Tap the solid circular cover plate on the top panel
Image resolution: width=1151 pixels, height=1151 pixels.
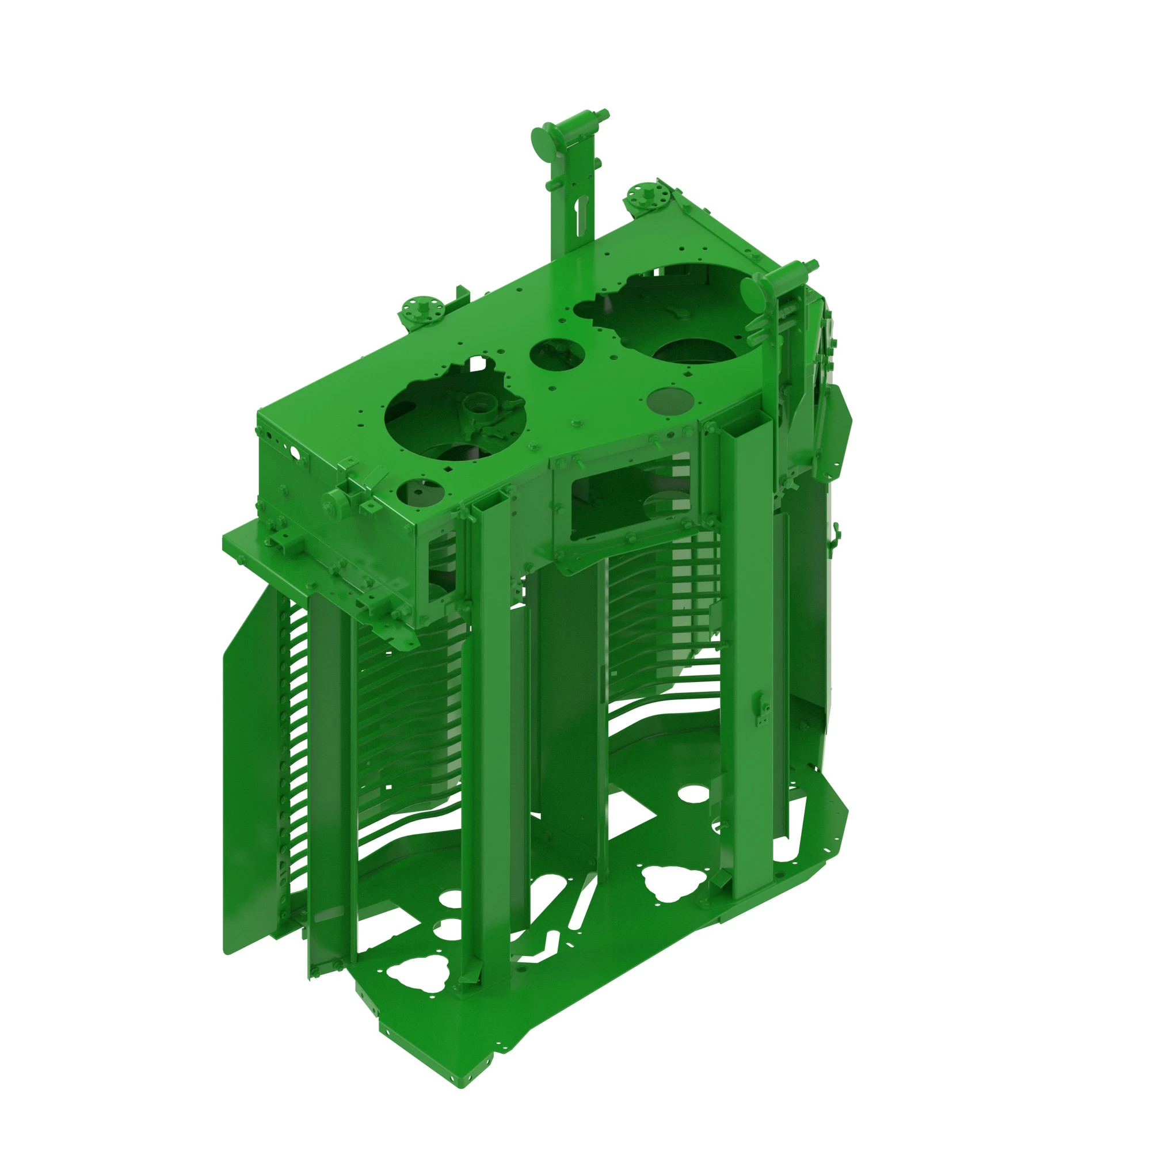point(669,401)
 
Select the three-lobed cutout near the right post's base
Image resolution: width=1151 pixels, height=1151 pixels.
point(670,883)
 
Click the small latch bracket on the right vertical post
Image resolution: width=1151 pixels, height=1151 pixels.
point(760,709)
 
